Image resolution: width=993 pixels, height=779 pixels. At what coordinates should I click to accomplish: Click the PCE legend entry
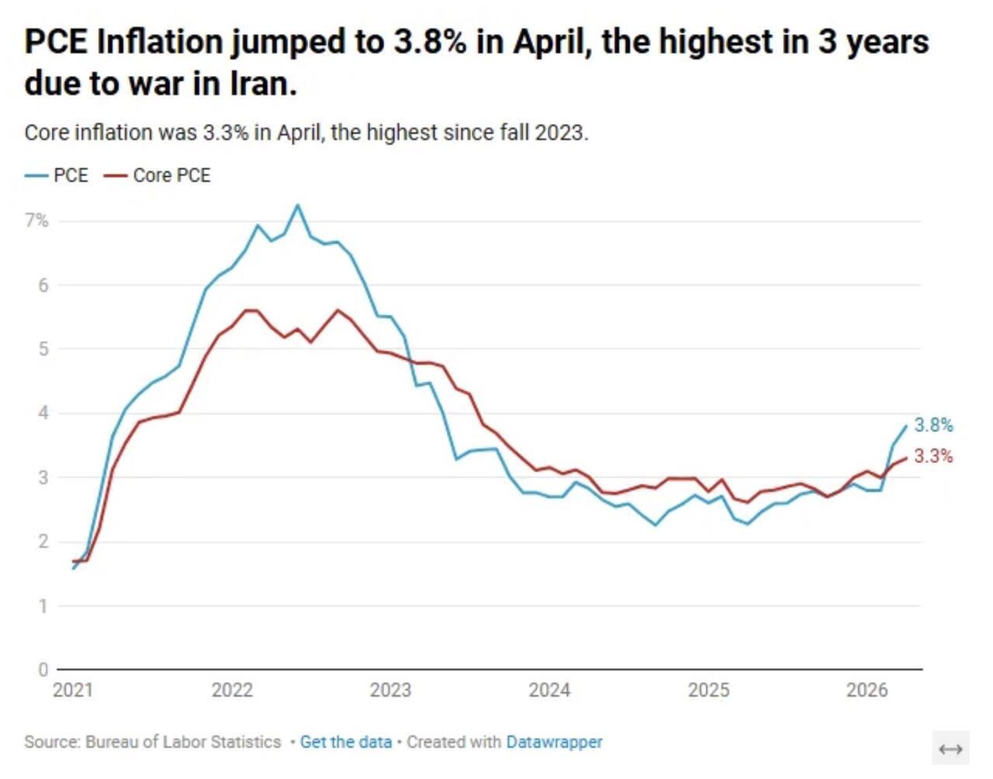click(57, 175)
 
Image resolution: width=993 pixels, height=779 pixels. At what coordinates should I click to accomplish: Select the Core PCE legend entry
click(157, 175)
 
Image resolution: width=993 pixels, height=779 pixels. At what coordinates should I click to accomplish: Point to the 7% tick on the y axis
click(36, 221)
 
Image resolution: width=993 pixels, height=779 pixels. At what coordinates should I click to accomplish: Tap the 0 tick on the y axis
click(43, 670)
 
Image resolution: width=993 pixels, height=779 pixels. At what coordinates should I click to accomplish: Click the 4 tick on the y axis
click(43, 414)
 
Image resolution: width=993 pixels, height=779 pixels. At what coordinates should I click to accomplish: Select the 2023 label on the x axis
click(391, 690)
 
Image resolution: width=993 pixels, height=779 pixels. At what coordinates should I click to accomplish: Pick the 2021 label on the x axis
click(73, 690)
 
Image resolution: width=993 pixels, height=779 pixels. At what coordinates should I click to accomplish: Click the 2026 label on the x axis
click(867, 690)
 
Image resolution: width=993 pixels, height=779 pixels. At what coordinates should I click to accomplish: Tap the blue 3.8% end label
click(933, 425)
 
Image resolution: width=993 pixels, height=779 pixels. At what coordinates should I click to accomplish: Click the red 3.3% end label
click(933, 456)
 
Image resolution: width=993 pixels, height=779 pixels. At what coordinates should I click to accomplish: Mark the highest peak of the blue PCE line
click(298, 205)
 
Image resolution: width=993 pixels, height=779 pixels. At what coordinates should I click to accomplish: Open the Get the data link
click(346, 742)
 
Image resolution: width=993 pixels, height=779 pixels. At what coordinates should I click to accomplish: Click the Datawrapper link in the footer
click(555, 742)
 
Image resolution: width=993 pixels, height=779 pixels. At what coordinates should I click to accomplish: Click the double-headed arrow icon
click(950, 750)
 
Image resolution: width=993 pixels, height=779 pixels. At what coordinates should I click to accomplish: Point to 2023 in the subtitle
click(562, 133)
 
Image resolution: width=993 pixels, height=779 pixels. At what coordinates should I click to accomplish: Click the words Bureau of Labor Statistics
click(183, 742)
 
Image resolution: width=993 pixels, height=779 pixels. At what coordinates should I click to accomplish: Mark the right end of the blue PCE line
click(906, 425)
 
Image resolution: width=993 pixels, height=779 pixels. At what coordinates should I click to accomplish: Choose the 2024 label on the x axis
click(550, 690)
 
